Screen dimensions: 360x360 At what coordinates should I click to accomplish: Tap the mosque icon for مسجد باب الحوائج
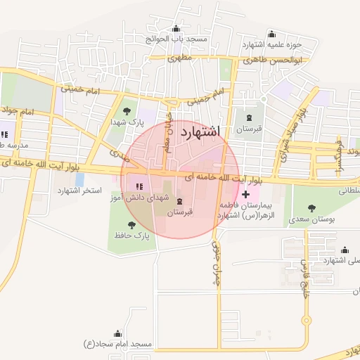(175, 29)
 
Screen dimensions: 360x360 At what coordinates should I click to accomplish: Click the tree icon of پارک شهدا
(127, 111)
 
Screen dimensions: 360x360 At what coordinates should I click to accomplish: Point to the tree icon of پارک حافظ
(131, 225)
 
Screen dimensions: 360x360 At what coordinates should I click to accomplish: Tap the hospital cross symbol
(245, 193)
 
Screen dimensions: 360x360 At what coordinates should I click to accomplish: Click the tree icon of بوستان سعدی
(311, 208)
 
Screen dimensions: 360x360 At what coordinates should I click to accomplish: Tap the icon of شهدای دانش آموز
(138, 186)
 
